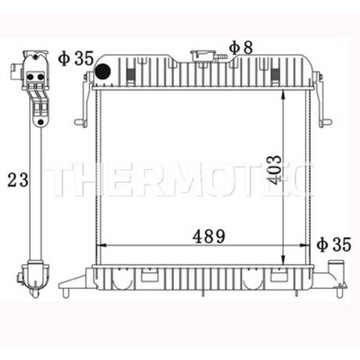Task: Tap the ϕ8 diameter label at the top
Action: [239, 47]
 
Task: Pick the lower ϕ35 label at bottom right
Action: [336, 244]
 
